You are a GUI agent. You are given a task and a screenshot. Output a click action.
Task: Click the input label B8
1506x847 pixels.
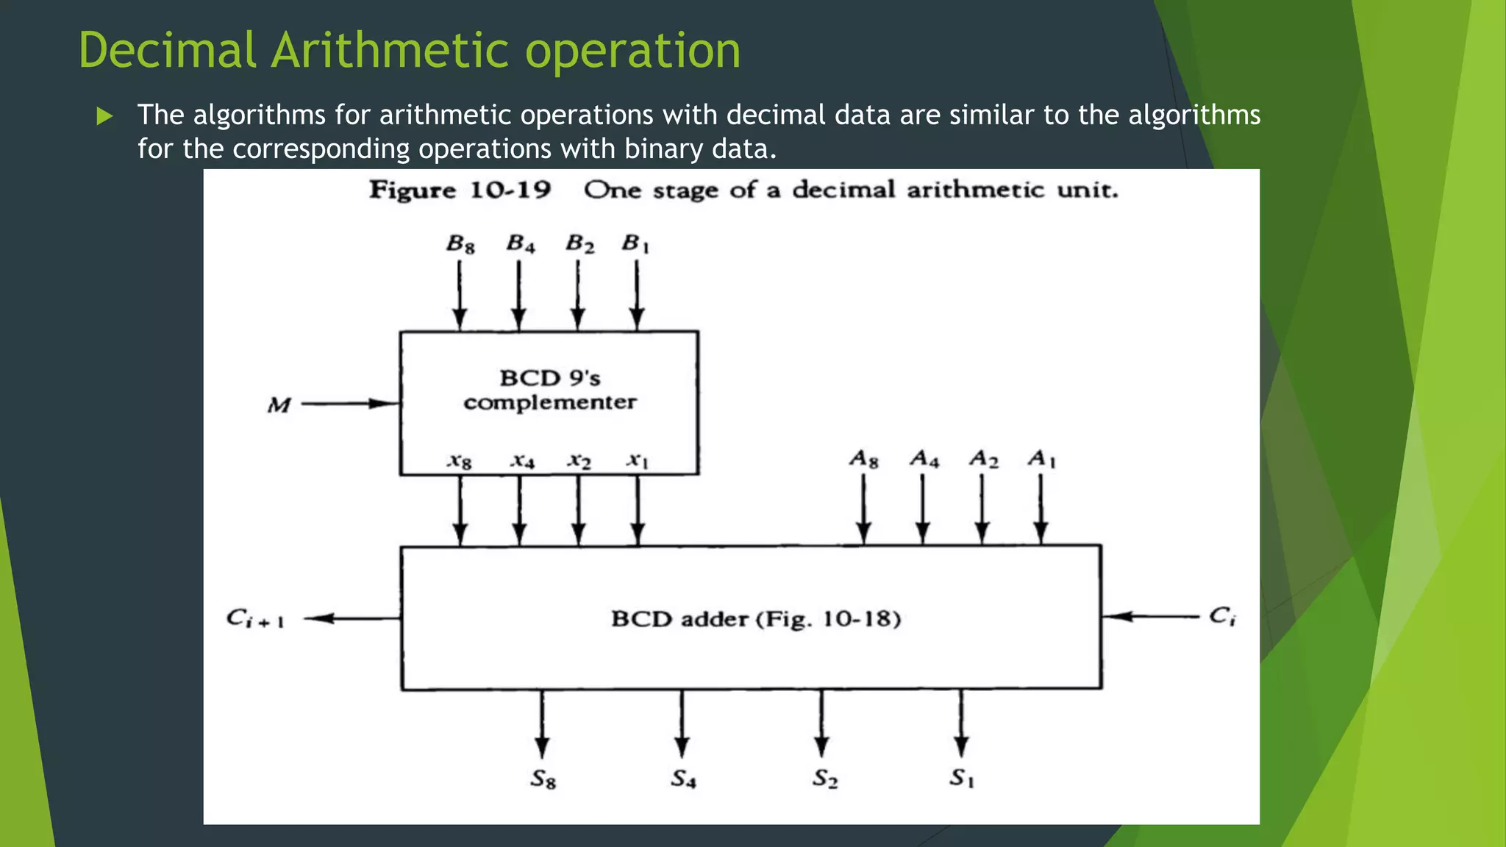point(460,244)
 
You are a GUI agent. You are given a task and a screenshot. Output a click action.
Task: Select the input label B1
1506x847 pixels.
point(636,243)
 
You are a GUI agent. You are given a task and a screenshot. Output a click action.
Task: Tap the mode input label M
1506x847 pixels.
point(279,405)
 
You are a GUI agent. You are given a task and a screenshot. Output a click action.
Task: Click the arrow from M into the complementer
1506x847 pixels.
point(350,404)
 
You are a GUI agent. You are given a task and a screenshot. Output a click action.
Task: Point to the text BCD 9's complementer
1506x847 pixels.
point(550,390)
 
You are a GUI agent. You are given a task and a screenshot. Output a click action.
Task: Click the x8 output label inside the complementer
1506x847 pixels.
point(460,461)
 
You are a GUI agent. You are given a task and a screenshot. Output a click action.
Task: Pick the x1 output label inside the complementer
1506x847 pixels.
point(638,461)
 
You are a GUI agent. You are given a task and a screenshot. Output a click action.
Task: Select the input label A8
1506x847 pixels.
point(864,460)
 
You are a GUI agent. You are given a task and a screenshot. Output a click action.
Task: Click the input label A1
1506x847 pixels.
point(1041,460)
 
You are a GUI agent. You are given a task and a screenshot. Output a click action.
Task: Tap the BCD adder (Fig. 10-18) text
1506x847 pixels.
point(756,618)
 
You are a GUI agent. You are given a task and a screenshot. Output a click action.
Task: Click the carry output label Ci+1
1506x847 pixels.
point(255,618)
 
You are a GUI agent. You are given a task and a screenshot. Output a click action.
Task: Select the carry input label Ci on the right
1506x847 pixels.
point(1222,616)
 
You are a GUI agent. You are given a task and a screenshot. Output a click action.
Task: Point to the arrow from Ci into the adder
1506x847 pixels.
point(1151,616)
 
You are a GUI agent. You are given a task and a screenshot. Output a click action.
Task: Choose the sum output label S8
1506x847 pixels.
point(543,779)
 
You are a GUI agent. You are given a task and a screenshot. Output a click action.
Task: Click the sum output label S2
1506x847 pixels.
point(824,779)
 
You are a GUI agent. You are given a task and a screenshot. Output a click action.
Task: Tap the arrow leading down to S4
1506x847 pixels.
point(682,724)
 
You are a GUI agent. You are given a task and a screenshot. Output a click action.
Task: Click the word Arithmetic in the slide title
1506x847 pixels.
point(390,51)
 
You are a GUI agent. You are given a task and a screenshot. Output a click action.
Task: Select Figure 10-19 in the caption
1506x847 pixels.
point(460,190)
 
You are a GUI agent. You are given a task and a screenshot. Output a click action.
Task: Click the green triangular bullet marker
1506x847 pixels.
point(104,116)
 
